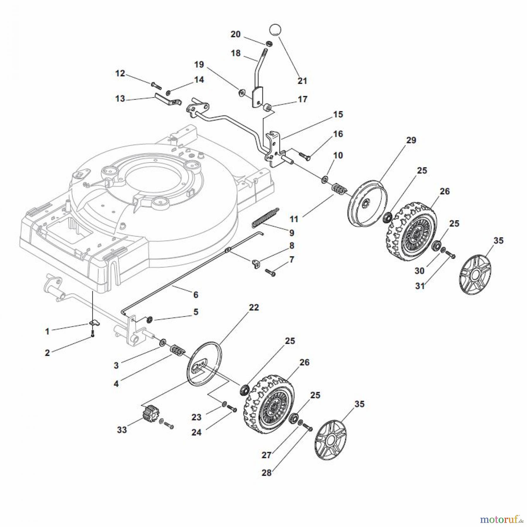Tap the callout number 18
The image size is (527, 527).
point(235,53)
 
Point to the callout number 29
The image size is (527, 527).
point(411,140)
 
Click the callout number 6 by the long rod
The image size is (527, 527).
point(196,295)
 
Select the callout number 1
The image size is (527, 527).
point(47,331)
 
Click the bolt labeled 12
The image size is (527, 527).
point(156,85)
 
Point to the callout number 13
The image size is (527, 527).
point(120,99)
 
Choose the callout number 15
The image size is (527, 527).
point(338,114)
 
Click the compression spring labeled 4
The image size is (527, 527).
point(177,350)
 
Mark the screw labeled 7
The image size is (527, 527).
point(270,272)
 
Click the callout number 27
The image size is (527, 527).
point(266,455)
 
